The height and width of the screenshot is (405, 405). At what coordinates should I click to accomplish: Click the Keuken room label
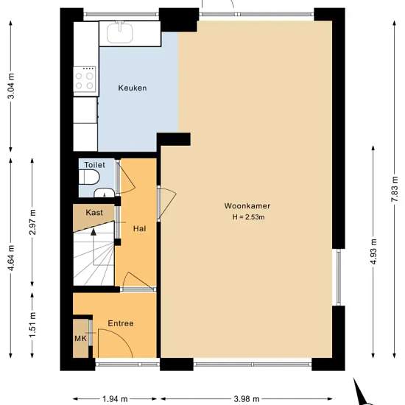[133, 88]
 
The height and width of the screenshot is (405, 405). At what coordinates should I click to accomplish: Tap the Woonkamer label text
[247, 206]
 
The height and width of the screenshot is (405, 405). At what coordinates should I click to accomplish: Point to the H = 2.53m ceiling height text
[248, 217]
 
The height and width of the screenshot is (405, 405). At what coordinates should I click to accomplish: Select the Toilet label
[95, 165]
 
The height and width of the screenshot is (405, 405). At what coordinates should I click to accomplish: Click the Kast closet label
[94, 213]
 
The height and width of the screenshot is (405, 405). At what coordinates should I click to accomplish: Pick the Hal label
[139, 228]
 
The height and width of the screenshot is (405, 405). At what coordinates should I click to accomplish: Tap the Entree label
[121, 323]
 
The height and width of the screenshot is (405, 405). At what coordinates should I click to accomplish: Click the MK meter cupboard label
[80, 339]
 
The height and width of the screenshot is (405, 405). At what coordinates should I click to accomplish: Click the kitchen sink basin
[120, 33]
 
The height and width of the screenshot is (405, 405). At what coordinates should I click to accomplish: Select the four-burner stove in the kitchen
[85, 80]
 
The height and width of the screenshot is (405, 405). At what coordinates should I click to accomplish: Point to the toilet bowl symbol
[89, 177]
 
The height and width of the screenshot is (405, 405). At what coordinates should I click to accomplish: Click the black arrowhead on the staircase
[94, 232]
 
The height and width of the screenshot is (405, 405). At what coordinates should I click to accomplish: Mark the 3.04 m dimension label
[11, 86]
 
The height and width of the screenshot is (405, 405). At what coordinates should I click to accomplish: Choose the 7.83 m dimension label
[395, 189]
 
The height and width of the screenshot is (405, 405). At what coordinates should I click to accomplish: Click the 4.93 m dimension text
[373, 252]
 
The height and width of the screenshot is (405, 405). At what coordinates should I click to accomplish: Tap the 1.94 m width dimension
[115, 399]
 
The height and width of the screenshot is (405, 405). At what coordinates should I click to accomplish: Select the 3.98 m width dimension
[247, 399]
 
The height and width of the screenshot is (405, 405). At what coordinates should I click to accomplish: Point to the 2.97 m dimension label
[32, 222]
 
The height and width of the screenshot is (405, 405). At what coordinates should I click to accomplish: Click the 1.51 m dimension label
[32, 325]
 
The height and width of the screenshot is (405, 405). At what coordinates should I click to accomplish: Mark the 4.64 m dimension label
[11, 258]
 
